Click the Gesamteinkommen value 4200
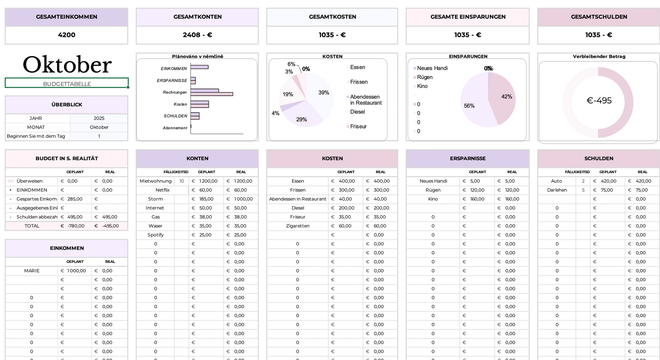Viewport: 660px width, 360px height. point(66,35)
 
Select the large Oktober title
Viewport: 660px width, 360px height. point(67,64)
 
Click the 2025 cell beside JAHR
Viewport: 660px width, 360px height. point(99,118)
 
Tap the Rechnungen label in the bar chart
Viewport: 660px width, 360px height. point(175,92)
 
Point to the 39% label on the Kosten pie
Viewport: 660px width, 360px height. point(324,93)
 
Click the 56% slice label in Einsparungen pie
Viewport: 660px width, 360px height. point(469,106)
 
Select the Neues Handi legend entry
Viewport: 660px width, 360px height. point(432,68)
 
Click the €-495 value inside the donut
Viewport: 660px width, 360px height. point(599,100)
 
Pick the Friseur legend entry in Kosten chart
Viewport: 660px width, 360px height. point(358,127)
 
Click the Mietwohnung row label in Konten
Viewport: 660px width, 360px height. point(156,181)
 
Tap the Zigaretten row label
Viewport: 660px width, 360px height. point(297,226)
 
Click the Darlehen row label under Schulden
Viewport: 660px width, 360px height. point(557,190)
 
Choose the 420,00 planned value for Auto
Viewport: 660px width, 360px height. point(608,181)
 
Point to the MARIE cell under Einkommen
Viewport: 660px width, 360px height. point(32,271)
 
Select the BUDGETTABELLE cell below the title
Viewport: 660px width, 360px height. point(67,84)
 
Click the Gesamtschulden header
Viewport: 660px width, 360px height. point(599,17)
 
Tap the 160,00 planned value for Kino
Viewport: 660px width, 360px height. point(477,199)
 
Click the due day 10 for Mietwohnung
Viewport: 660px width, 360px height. point(182,181)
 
